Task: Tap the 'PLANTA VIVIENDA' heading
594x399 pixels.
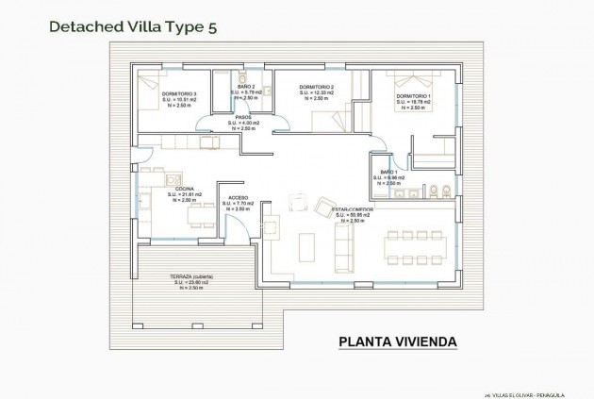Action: click(x=397, y=341)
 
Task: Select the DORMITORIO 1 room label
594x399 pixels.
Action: click(x=414, y=97)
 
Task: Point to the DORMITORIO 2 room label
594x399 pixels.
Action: click(x=317, y=88)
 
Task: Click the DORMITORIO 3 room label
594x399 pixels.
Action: click(x=178, y=94)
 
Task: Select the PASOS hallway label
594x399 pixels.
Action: click(x=243, y=118)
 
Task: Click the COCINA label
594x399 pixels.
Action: click(x=181, y=190)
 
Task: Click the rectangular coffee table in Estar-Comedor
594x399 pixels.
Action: click(x=307, y=245)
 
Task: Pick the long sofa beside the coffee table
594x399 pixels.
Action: click(x=344, y=244)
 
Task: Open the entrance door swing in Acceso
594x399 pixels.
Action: click(x=229, y=224)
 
